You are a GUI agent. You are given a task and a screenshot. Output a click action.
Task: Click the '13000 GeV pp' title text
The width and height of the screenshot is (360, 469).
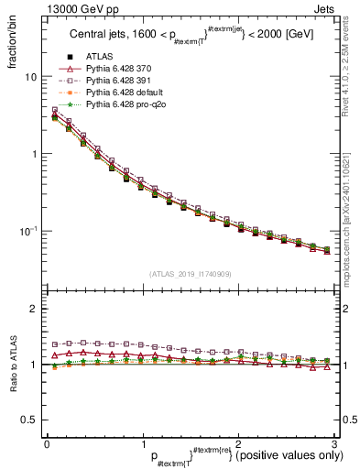[x=56, y=8]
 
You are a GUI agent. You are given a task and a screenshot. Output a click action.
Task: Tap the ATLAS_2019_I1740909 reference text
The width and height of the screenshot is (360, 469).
[x=191, y=275]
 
